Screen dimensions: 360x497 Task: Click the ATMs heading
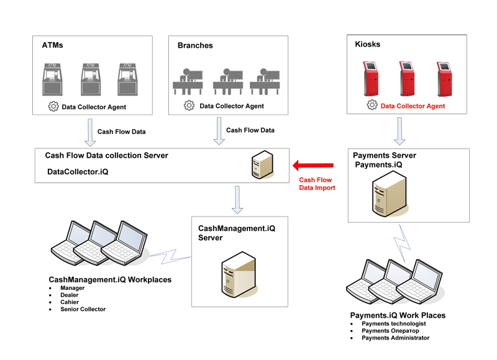[x=53, y=45]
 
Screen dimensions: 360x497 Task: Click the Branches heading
[x=195, y=45]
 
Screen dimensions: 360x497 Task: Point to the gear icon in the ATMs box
[x=53, y=107]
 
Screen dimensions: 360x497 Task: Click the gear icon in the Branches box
[x=189, y=106]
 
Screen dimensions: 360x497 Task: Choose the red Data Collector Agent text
[x=413, y=106]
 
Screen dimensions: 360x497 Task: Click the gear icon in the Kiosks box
[x=372, y=106]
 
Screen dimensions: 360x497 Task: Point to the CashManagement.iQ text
[x=237, y=229]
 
